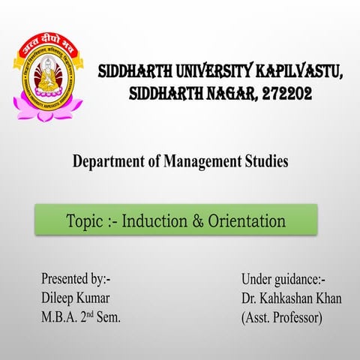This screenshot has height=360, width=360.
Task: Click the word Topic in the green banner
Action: click(x=85, y=221)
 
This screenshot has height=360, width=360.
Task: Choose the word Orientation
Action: click(x=246, y=221)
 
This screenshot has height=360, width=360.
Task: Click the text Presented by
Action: click(x=76, y=280)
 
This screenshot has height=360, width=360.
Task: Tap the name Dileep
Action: click(x=59, y=298)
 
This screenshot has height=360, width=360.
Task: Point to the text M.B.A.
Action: click(x=61, y=317)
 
